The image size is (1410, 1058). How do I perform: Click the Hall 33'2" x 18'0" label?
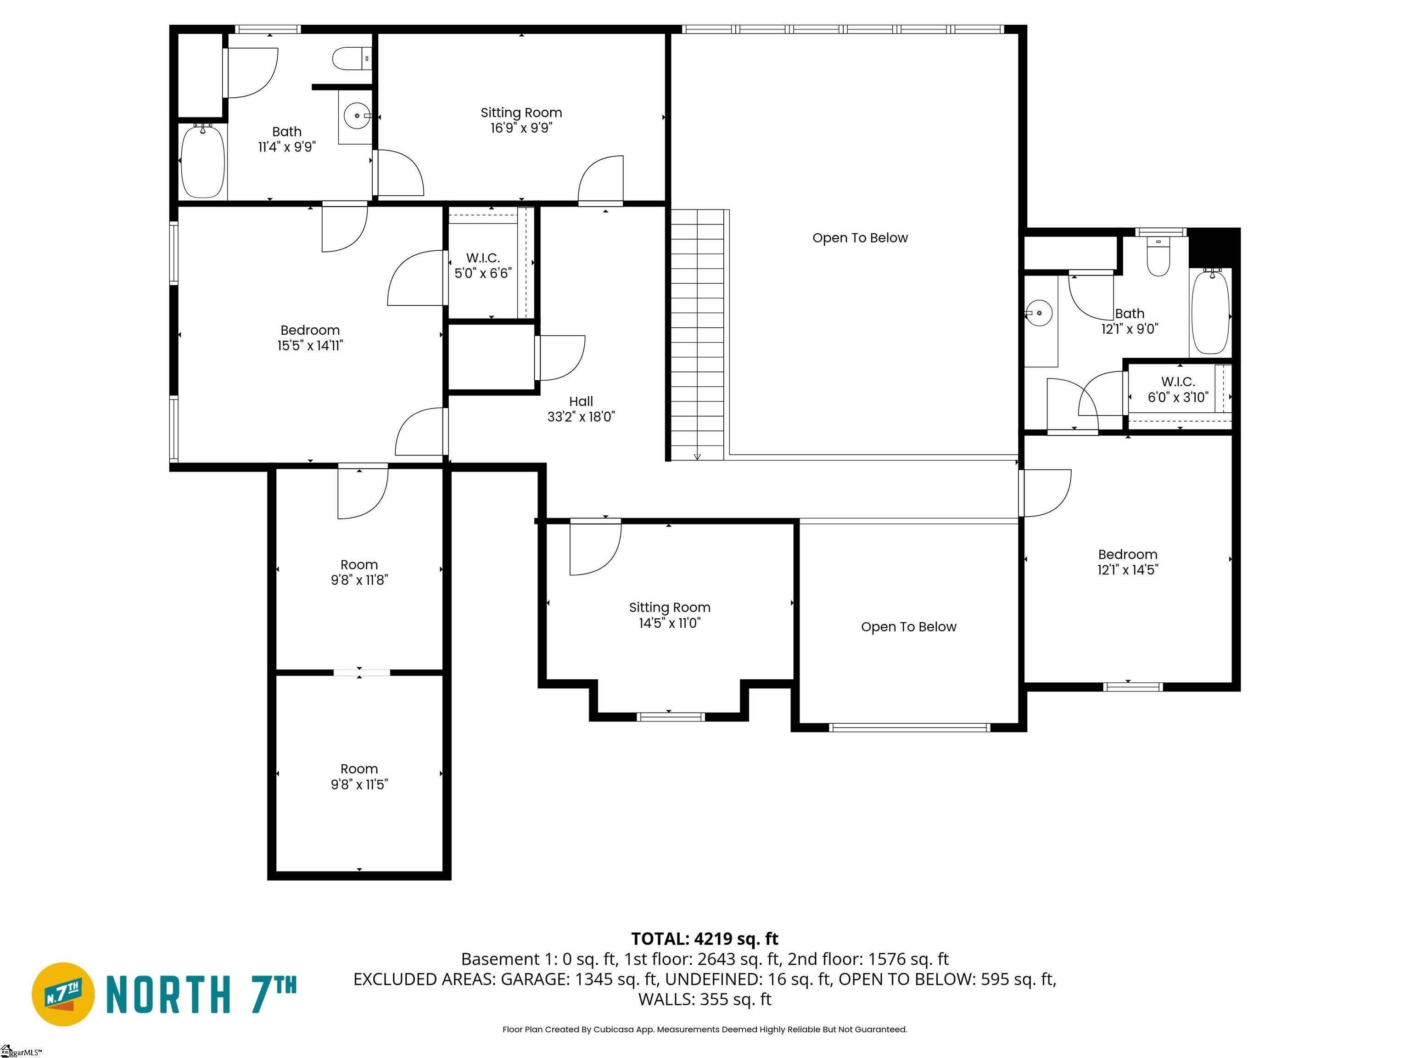point(581,409)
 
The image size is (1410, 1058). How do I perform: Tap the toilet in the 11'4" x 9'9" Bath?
point(349,59)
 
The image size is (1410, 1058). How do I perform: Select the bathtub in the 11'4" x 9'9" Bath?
point(203,161)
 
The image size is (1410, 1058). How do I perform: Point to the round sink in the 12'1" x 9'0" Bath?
point(1039,314)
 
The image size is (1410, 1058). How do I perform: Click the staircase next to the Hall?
point(697,335)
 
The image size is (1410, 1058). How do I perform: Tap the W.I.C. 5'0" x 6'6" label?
point(482,265)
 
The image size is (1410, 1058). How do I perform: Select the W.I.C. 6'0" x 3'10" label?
point(1177,389)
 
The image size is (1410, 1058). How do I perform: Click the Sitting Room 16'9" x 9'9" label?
point(521,120)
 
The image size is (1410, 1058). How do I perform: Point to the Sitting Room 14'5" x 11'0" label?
point(669,615)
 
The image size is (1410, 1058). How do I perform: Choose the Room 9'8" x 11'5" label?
point(359,776)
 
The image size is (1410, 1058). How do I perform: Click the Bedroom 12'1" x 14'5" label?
point(1127,562)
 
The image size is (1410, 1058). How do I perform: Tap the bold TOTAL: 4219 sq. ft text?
point(705,939)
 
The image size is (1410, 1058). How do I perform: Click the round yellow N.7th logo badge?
point(63,994)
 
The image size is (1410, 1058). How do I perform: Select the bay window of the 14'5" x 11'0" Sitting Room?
point(671,717)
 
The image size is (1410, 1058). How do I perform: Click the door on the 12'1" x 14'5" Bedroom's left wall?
point(1044,492)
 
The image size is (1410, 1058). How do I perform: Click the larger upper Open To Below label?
point(859,238)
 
